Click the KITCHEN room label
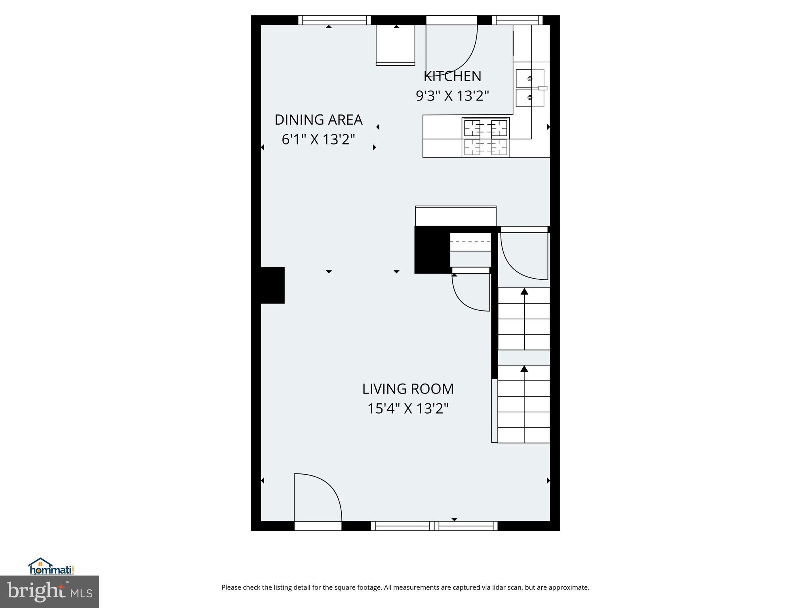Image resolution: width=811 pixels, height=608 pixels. tap(452, 76)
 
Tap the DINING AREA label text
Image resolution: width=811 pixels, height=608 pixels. tap(318, 120)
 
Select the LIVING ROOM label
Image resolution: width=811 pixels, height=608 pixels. tap(408, 389)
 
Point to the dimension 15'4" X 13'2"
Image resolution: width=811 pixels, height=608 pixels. tap(408, 408)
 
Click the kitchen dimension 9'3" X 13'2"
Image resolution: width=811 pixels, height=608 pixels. tap(452, 96)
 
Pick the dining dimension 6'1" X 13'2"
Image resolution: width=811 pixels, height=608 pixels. tap(318, 139)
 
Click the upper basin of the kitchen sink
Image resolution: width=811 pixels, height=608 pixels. tap(530, 78)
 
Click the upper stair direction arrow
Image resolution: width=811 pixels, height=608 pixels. tap(524, 292)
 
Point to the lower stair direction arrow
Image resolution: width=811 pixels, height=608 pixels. tap(524, 369)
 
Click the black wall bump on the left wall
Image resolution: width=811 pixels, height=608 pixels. tap(272, 285)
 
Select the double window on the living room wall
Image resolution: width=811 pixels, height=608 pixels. tap(434, 526)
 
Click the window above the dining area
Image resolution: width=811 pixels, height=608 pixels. tap(334, 20)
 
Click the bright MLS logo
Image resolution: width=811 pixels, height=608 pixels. tap(49, 592)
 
